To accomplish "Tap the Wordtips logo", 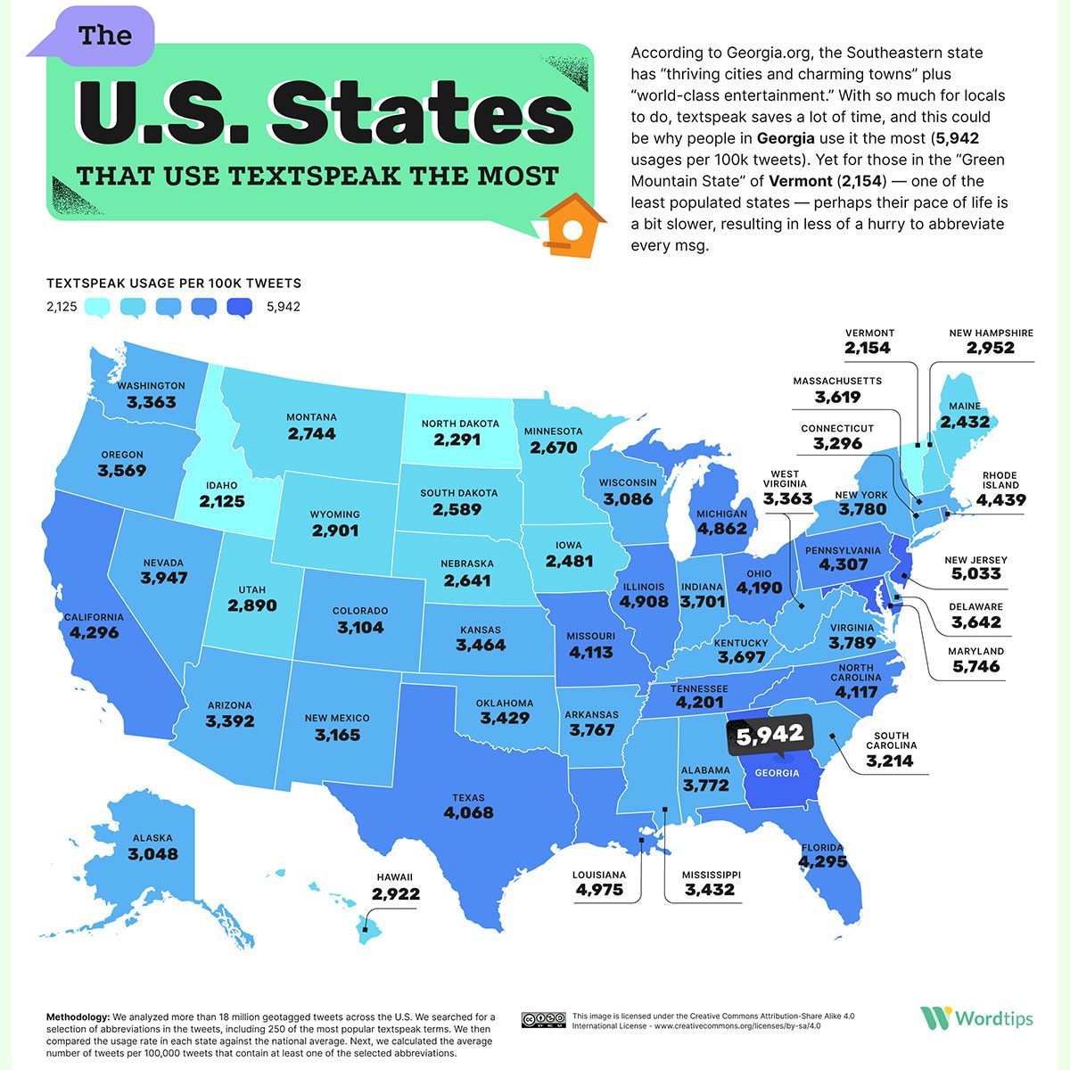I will click(x=977, y=1017).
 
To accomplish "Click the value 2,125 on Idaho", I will click(x=222, y=502).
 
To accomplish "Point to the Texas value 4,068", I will click(x=468, y=812).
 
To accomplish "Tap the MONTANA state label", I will click(x=311, y=417).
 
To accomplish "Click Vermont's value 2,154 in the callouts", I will click(x=868, y=348).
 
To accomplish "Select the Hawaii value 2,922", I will click(x=396, y=893).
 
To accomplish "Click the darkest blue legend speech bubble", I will click(x=240, y=308).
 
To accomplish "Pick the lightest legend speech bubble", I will click(x=97, y=308).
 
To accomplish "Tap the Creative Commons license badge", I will click(x=544, y=1019).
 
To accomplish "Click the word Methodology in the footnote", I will click(x=78, y=1017).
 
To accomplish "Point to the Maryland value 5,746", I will click(x=975, y=666).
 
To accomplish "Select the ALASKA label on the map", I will click(x=152, y=838).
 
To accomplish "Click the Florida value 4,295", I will click(x=822, y=862).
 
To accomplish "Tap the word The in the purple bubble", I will click(x=104, y=36).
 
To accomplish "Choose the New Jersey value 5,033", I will click(x=975, y=574).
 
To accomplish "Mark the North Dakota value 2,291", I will click(x=457, y=440).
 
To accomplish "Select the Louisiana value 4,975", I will click(x=598, y=890).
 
